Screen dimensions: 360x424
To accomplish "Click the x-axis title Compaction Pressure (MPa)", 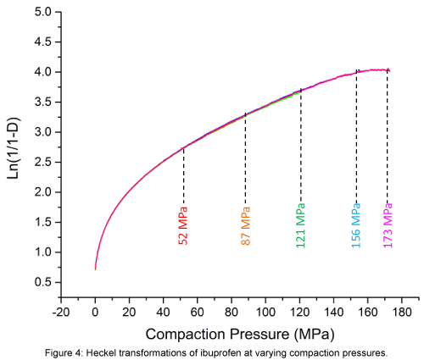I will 240,334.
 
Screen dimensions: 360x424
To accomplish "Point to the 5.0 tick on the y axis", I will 43,12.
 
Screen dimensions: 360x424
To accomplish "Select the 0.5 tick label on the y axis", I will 43,282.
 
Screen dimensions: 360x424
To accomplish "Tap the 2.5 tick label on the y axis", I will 43,162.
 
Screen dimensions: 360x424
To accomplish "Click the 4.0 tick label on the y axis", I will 43,72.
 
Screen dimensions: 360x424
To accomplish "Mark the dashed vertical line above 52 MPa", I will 183,174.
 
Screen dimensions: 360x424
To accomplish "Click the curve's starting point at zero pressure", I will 95,269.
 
